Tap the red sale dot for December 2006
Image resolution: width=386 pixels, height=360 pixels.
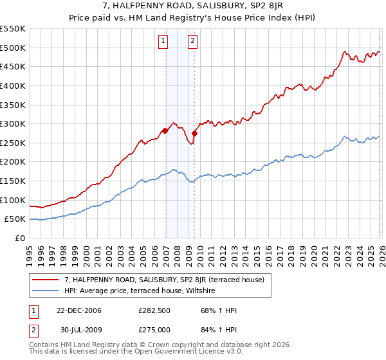click(x=165, y=130)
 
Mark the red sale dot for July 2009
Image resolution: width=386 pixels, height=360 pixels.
click(x=194, y=133)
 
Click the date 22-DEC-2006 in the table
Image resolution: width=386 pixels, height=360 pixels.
click(x=79, y=310)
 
